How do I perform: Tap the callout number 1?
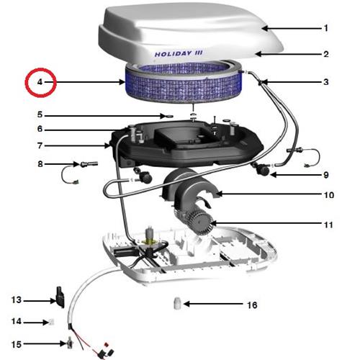(325, 28)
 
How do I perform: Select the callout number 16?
(252, 305)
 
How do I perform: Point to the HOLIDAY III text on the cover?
(179, 53)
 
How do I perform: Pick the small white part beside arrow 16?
(177, 304)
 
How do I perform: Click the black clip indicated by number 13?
(60, 297)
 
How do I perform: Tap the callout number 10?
(329, 195)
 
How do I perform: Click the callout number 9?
(325, 175)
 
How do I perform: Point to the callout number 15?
(17, 344)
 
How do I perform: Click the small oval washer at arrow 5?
(169, 116)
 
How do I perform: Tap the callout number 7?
(40, 145)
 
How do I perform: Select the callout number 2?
(325, 54)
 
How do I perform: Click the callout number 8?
(40, 164)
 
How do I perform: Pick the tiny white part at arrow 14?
(51, 322)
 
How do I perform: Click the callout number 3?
(325, 82)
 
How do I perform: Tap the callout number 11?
(328, 225)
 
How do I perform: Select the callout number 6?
(40, 129)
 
